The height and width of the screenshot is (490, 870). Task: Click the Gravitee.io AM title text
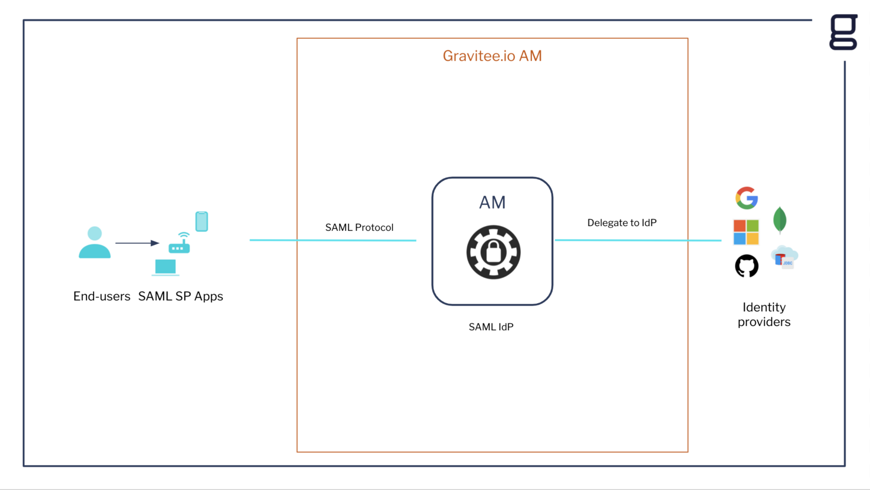pos(492,56)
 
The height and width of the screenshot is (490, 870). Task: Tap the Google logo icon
pos(747,198)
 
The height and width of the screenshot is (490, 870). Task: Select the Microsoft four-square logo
pos(746,232)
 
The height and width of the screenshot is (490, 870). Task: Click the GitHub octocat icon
pos(747,266)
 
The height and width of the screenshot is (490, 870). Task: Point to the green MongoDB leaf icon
pos(780,220)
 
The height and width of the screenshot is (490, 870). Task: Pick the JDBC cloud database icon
pos(784,258)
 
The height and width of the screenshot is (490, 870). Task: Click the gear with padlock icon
pos(493,252)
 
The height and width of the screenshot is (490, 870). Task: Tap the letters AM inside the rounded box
pos(492,203)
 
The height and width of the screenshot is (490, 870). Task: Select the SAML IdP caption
pos(491,327)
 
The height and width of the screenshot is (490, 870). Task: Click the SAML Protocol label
pos(359,227)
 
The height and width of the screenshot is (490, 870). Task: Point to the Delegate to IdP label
pos(621,223)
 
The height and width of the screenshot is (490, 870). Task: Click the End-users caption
pos(102,296)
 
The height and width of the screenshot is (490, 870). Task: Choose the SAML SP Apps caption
pos(180,296)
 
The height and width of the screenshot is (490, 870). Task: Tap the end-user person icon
pos(95,243)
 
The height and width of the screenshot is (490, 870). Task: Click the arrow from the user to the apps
pos(137,243)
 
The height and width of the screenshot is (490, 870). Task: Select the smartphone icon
pos(202,221)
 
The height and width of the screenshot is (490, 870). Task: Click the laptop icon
pos(165,267)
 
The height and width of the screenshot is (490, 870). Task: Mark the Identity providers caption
pos(764,314)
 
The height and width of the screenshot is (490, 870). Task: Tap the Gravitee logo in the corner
pos(844,32)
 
